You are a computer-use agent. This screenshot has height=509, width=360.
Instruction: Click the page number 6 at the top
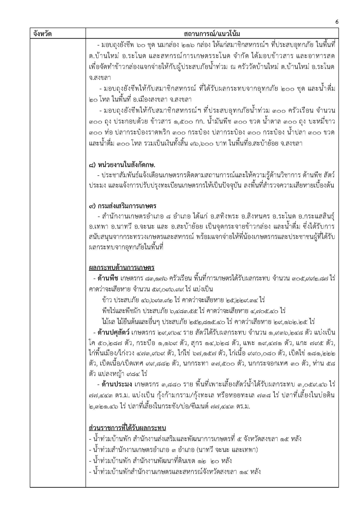click(337, 22)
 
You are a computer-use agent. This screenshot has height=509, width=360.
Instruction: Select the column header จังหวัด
click(42, 34)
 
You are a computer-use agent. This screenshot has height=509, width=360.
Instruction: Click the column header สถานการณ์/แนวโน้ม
click(212, 34)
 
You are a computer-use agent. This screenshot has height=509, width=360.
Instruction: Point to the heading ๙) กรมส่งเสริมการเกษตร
click(122, 206)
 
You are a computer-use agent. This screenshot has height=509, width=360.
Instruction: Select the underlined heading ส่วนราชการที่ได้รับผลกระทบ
click(127, 428)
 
